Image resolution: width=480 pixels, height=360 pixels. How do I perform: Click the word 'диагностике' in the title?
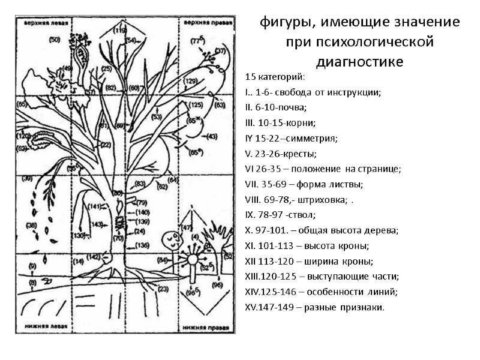[359, 62]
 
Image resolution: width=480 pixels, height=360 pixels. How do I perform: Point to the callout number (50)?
[55, 40]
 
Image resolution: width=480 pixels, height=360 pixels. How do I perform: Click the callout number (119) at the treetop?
[120, 29]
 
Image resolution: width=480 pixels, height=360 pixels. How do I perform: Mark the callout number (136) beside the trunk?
[142, 245]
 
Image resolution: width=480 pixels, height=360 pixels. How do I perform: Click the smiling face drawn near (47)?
[174, 241]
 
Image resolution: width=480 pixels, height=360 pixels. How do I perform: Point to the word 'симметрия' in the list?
[314, 139]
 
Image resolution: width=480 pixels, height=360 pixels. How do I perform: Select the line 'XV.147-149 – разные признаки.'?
[315, 307]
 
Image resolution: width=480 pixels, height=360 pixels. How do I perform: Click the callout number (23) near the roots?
[163, 289]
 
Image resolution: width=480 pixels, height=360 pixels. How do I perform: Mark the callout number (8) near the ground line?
[32, 281]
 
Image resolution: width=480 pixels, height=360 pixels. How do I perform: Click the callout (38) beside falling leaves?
[31, 226]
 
